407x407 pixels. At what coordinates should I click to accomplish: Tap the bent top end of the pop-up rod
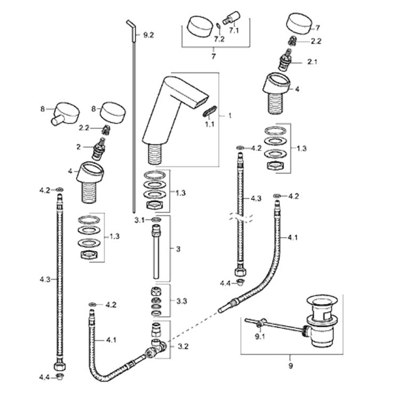129,25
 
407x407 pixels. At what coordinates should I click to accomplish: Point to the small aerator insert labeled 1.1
211,110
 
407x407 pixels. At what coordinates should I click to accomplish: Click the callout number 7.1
234,30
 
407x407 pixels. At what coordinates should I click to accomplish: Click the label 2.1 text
312,62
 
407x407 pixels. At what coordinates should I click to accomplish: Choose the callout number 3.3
181,301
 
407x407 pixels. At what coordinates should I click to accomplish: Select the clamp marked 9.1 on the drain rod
259,323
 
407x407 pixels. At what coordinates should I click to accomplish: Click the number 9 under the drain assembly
291,367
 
